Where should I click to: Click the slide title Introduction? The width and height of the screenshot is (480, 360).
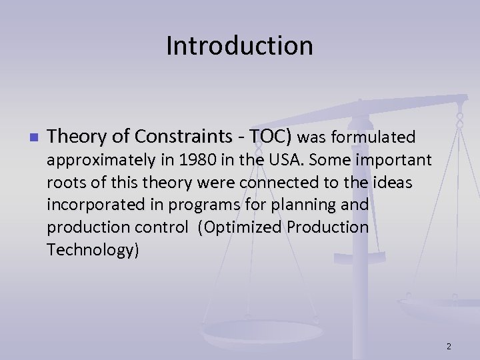[x=239, y=46]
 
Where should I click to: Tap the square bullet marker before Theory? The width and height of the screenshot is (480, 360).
[x=32, y=138]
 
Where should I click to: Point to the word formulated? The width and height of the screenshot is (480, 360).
[x=373, y=137]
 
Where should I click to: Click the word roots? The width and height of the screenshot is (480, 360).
[x=65, y=183]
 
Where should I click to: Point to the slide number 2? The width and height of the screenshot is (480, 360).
[x=449, y=346]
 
